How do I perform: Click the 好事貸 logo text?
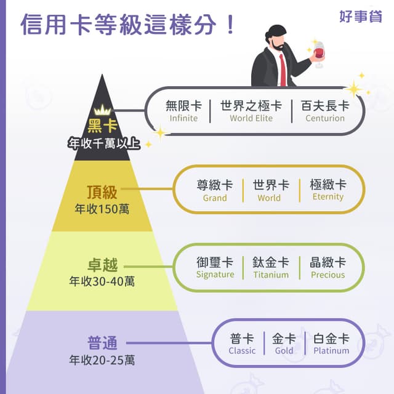click(361, 17)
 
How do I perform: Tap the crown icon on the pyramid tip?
click(102, 110)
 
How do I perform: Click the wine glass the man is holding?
click(319, 54)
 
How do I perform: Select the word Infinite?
click(183, 118)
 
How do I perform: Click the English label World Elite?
click(251, 118)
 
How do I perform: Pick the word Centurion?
click(325, 118)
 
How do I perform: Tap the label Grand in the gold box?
click(215, 198)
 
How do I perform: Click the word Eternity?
click(328, 197)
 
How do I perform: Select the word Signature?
click(215, 275)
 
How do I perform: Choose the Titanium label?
click(271, 275)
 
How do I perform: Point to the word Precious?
click(328, 275)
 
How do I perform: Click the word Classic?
click(242, 350)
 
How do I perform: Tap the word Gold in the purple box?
click(284, 350)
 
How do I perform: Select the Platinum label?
click(331, 350)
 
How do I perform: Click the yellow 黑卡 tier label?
click(102, 126)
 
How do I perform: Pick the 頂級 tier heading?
click(102, 192)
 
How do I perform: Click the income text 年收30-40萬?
click(102, 281)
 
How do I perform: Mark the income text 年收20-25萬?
click(102, 360)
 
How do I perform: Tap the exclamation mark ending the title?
click(230, 25)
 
